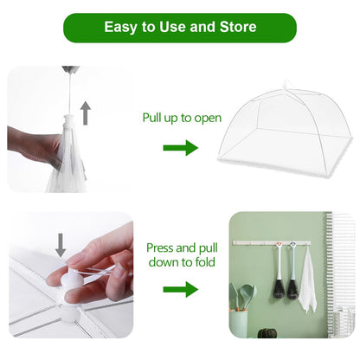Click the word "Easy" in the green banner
(x=122, y=27)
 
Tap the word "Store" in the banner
(x=236, y=27)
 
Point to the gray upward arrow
(x=86, y=112)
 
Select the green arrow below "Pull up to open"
(x=180, y=148)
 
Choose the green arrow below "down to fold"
(x=180, y=289)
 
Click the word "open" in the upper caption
(x=206, y=118)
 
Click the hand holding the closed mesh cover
(x=30, y=143)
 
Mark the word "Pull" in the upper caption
(x=155, y=118)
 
